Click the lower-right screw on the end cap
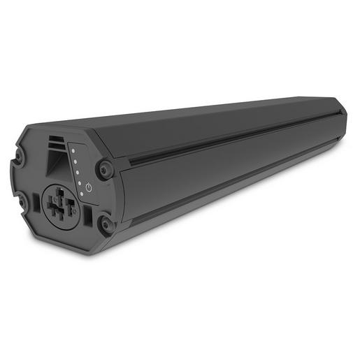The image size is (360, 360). pyautogui.click(x=106, y=224)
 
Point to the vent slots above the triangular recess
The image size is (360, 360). pyautogui.click(x=57, y=142)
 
